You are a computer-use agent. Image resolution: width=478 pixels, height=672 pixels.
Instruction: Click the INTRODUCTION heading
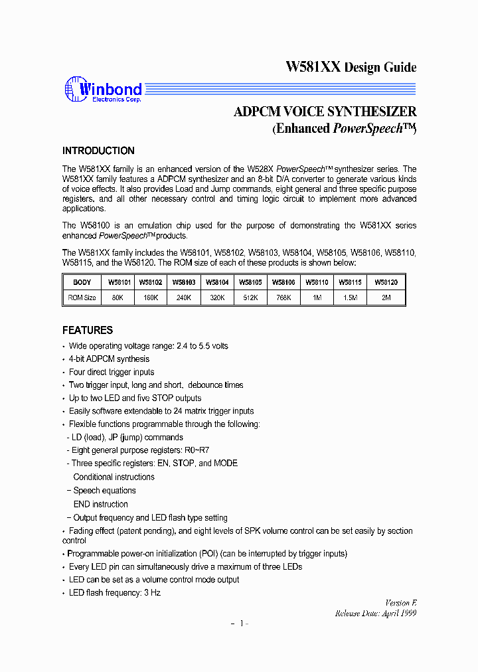pyautogui.click(x=98, y=151)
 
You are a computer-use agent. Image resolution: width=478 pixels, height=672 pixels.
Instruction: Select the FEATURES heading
pyautogui.click(x=88, y=330)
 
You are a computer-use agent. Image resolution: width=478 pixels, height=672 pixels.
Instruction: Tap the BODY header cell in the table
pyautogui.click(x=82, y=282)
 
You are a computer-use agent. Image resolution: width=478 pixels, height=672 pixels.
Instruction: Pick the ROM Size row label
pyautogui.click(x=82, y=297)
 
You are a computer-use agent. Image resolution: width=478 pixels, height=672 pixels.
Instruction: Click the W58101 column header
pyautogui.click(x=118, y=282)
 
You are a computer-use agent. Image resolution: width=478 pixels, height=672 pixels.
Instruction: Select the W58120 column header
pyautogui.click(x=386, y=282)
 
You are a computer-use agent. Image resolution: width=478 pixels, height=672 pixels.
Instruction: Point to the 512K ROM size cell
pyautogui.click(x=250, y=297)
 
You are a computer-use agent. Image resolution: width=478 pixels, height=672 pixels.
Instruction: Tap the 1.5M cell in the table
pyautogui.click(x=351, y=297)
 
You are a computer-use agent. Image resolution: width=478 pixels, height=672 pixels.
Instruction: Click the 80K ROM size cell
pyautogui.click(x=118, y=297)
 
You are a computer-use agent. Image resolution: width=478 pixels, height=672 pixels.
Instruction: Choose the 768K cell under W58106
pyautogui.click(x=283, y=297)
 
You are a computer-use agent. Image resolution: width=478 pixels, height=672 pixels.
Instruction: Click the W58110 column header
pyautogui.click(x=317, y=282)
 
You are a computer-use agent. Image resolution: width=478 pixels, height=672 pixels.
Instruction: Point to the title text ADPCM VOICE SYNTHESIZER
pyautogui.click(x=325, y=112)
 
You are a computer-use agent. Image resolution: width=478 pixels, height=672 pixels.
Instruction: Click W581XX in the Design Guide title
pyautogui.click(x=313, y=67)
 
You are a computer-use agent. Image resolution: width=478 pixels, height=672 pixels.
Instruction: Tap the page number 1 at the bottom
pyautogui.click(x=243, y=624)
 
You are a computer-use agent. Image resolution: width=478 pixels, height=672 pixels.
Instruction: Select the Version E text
pyautogui.click(x=401, y=603)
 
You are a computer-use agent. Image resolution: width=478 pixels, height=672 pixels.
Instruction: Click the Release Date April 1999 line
pyautogui.click(x=375, y=614)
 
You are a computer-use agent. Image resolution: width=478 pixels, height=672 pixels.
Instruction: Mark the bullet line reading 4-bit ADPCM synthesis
pyautogui.click(x=110, y=359)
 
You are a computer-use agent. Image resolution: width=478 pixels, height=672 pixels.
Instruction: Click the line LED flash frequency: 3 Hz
pyautogui.click(x=115, y=593)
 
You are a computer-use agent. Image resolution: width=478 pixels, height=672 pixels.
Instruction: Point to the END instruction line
pyautogui.click(x=101, y=504)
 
